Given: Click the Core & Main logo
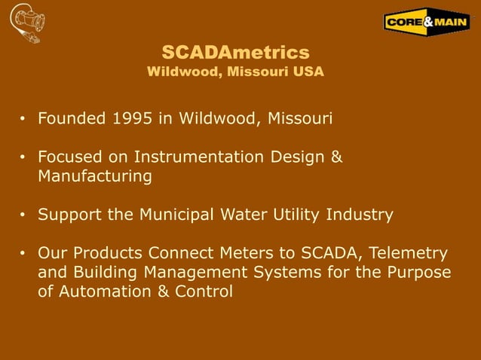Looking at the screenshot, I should pyautogui.click(x=427, y=23).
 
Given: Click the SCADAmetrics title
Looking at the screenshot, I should pyautogui.click(x=236, y=52).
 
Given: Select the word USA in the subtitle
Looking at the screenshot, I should pyautogui.click(x=311, y=72).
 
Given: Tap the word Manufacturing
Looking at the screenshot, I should pyautogui.click(x=94, y=176).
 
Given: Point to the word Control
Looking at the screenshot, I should pyautogui.click(x=204, y=291).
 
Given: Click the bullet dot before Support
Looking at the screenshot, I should pyautogui.click(x=23, y=215).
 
